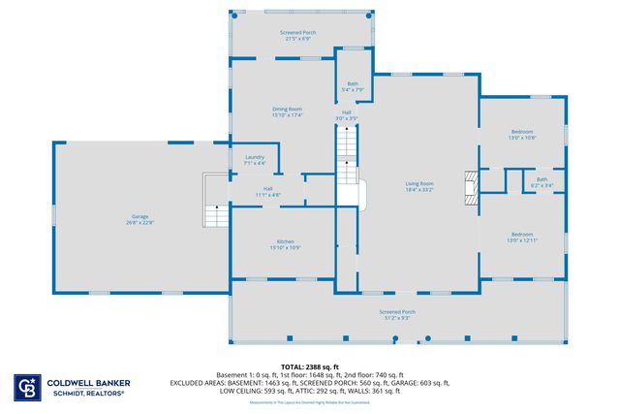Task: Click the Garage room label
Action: [140, 216]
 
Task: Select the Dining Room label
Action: [288, 109]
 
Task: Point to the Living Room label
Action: [418, 183]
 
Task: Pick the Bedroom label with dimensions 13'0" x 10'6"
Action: [523, 131]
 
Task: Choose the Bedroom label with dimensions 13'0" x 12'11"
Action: [523, 234]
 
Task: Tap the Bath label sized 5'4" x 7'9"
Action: [354, 84]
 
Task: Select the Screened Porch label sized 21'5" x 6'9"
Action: [298, 33]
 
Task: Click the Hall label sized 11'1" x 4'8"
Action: [267, 189]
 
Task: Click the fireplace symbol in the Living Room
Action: [471, 187]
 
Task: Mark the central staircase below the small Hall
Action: [347, 145]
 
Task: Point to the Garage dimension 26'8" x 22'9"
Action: [140, 223]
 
